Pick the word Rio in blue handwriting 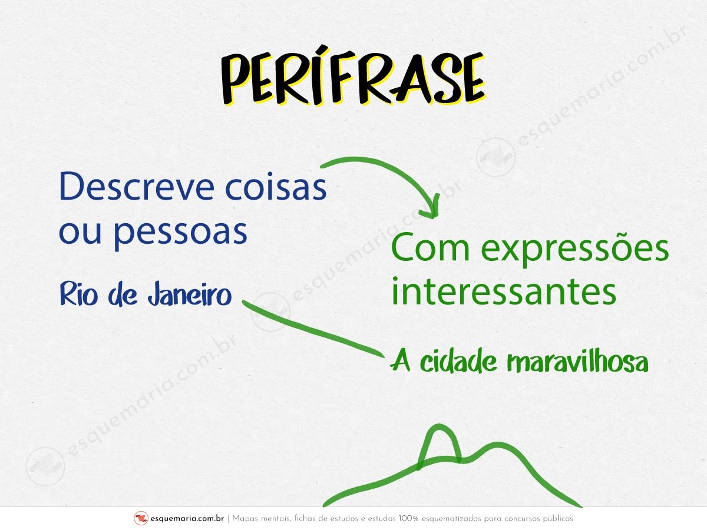point(78,294)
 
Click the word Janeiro point(190,294)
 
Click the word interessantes point(504,291)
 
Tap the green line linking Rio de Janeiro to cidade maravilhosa point(313,329)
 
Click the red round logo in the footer point(141,518)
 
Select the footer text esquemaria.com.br point(187,518)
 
